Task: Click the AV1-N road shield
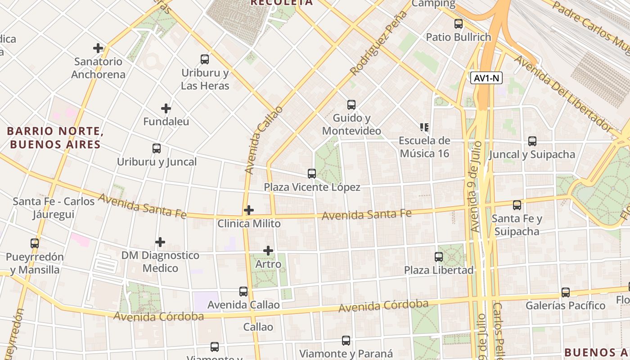pos(486,78)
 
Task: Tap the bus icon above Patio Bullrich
pos(459,24)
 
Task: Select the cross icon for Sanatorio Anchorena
pos(98,48)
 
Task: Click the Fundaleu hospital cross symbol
pos(166,108)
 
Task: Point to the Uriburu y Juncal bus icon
pos(157,148)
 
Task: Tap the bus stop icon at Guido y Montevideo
pos(351,105)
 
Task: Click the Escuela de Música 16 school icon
pos(424,127)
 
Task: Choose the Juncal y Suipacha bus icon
pos(532,141)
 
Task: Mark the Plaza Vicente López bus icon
pos(312,174)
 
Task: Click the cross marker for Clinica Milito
pos(248,210)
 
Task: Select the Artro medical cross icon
pos(268,251)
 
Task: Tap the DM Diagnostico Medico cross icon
pos(160,242)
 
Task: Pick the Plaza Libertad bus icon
pos(439,257)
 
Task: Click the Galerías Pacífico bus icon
pos(566,292)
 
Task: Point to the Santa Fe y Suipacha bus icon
pos(517,205)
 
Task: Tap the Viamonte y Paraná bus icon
pos(346,341)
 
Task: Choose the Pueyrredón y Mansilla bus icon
pos(35,243)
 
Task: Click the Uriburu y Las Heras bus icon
pos(205,59)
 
